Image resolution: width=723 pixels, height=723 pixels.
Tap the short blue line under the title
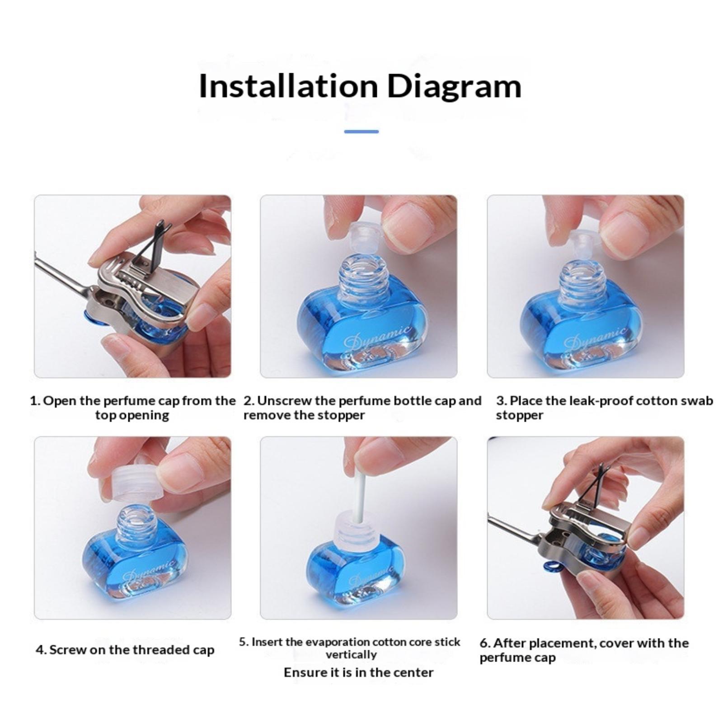coord(361,131)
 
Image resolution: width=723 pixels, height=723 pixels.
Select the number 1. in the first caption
coord(35,401)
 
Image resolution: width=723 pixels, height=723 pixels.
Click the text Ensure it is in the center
coord(359,672)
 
